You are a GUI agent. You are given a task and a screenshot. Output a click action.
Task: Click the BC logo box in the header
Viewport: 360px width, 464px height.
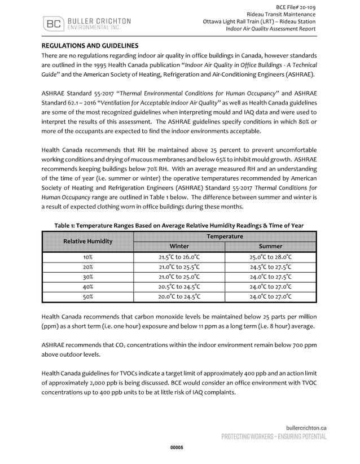[54, 24]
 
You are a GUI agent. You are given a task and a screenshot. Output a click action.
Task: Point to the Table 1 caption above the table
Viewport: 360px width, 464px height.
[179, 225]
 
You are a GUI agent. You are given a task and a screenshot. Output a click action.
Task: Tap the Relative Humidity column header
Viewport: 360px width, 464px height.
[88, 241]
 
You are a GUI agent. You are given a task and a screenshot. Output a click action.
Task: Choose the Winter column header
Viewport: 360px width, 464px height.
[179, 246]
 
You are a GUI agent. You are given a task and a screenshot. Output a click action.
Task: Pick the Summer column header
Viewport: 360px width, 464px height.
[270, 246]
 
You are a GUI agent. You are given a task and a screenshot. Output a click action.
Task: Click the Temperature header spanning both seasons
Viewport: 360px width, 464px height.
[225, 236]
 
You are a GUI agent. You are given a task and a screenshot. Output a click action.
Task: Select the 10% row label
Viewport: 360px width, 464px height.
[88, 257]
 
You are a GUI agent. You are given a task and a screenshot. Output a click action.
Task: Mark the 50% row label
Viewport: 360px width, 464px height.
[88, 296]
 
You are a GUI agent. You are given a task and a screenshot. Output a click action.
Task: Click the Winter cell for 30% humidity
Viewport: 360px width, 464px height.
[179, 277]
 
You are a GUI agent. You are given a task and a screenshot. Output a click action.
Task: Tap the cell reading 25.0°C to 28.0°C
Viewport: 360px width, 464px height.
[270, 257]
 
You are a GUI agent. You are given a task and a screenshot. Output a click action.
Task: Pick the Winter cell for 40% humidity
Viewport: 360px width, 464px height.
[179, 286]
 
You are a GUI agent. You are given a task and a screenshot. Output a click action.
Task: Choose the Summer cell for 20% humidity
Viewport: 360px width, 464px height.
[270, 267]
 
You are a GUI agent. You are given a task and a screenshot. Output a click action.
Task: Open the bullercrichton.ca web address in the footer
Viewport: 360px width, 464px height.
[302, 428]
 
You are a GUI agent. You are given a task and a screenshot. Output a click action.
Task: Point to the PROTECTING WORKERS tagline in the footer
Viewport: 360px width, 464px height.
[274, 437]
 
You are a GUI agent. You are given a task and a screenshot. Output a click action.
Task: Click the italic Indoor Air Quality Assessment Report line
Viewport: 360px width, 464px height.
[270, 29]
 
